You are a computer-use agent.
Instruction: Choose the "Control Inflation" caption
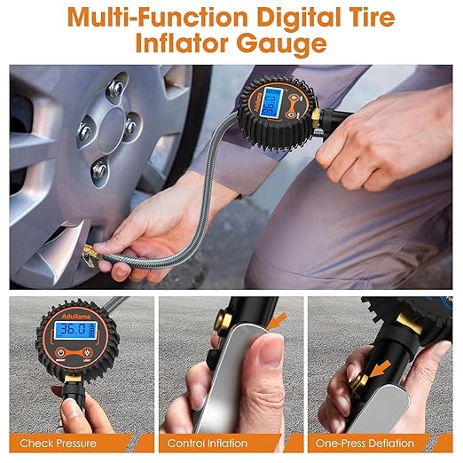(208, 443)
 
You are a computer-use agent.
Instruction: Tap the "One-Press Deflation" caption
(365, 443)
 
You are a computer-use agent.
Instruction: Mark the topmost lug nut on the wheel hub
(116, 88)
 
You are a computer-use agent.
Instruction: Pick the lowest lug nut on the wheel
(100, 169)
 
